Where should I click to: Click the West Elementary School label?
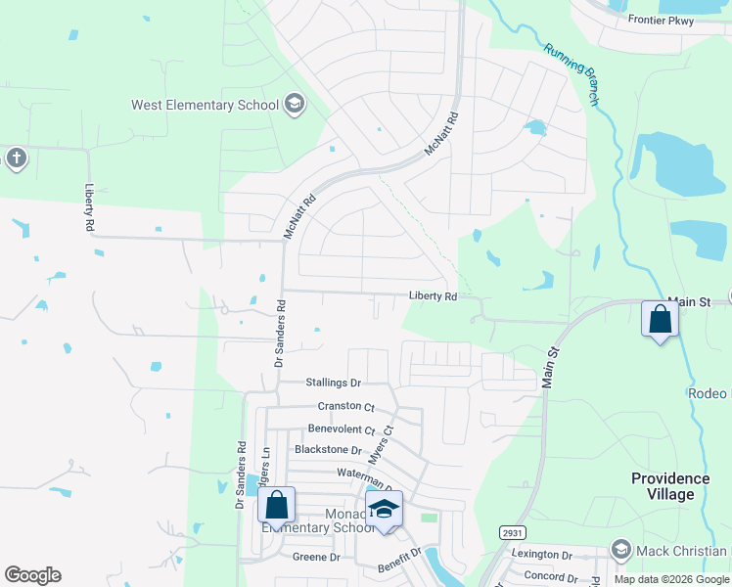[205, 105]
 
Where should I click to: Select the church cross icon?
[15, 158]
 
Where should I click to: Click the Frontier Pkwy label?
[661, 20]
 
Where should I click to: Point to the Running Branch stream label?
[572, 73]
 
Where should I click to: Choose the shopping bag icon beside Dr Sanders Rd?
[277, 506]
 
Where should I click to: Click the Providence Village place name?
[669, 486]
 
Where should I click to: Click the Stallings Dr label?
[333, 384]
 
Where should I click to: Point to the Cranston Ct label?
[345, 406]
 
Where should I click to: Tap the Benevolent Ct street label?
[342, 429]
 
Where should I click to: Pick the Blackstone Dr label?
[330, 450]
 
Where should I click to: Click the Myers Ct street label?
[380, 445]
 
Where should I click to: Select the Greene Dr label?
[316, 557]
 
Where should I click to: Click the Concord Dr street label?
[552, 575]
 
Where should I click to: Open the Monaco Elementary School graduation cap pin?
[385, 510]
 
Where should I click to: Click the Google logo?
[32, 575]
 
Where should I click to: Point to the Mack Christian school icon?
[619, 551]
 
